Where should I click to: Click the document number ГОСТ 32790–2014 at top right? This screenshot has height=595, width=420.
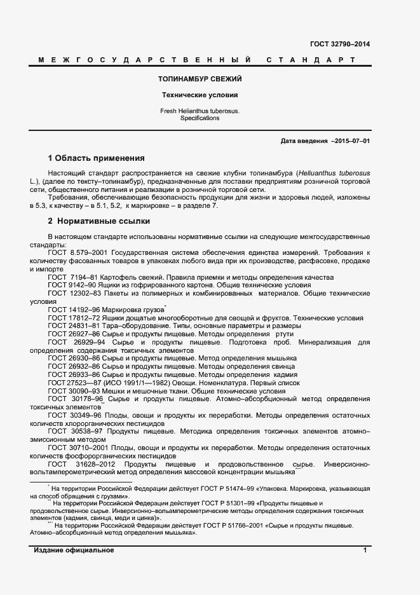point(339,44)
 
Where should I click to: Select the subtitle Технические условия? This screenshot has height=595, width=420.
point(200,95)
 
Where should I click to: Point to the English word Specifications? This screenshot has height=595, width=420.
point(200,118)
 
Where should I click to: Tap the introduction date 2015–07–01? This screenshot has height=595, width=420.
point(349,140)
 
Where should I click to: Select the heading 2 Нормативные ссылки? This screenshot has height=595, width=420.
point(99,221)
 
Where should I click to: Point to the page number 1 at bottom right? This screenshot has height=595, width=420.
point(365,550)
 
